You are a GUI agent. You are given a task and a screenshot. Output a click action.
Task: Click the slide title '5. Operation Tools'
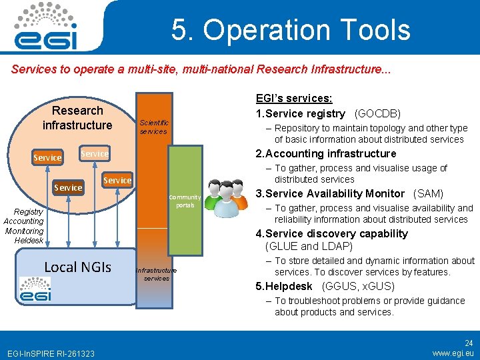tap(291, 30)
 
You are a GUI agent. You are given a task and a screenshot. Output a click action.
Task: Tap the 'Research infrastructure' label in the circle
tap(77, 118)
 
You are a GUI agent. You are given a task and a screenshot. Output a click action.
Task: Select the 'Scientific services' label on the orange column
tap(154, 127)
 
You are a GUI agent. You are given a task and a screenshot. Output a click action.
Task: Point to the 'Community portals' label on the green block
tap(185, 201)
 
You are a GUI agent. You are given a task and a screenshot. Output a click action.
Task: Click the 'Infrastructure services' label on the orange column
tap(156, 274)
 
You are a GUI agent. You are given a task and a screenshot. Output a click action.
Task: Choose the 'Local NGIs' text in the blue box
tap(77, 267)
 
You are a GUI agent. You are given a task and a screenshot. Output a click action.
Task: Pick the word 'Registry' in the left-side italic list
tap(29, 211)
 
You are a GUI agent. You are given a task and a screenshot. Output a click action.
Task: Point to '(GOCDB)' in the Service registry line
tap(378, 113)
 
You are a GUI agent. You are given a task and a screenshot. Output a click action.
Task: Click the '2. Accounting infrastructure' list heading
tap(326, 153)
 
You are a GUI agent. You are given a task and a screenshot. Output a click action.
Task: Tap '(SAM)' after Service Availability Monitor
tap(428, 193)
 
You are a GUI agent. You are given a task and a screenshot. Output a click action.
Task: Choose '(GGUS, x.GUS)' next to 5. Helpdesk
tap(358, 287)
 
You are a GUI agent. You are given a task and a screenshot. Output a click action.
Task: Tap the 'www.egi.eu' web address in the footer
tap(453, 353)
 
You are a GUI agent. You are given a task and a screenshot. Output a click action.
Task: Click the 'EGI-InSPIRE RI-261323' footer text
tap(51, 353)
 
